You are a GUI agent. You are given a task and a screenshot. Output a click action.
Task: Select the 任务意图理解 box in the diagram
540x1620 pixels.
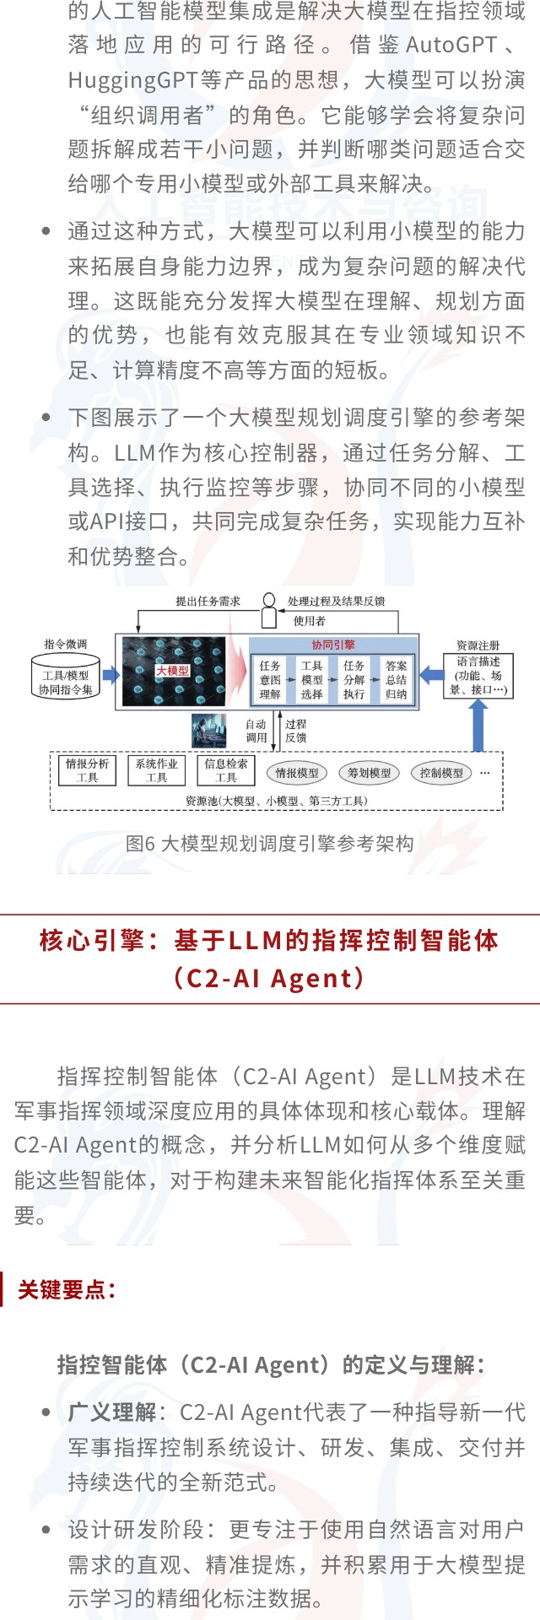pyautogui.click(x=270, y=679)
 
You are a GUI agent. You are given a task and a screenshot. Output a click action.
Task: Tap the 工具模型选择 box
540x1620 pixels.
pyautogui.click(x=311, y=679)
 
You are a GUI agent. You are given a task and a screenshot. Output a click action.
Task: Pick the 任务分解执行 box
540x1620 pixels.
pyautogui.click(x=354, y=679)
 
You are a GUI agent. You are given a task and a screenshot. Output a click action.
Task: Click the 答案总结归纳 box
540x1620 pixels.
pyautogui.click(x=396, y=679)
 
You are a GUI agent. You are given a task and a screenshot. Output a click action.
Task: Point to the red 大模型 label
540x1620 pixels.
pyautogui.click(x=172, y=671)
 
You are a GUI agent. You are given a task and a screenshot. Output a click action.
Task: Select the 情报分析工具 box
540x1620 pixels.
pyautogui.click(x=87, y=770)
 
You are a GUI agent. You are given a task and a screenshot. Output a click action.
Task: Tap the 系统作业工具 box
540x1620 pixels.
pyautogui.click(x=156, y=770)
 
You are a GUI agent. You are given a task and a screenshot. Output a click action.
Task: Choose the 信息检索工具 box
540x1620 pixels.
pyautogui.click(x=225, y=770)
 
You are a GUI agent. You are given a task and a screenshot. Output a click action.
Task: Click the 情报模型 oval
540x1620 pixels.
pyautogui.click(x=297, y=772)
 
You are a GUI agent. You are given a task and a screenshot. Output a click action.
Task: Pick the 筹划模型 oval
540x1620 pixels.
pyautogui.click(x=369, y=772)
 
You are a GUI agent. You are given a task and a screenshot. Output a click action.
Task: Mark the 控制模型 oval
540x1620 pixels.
pyautogui.click(x=441, y=772)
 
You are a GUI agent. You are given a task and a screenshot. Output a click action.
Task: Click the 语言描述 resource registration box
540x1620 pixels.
pyautogui.click(x=478, y=675)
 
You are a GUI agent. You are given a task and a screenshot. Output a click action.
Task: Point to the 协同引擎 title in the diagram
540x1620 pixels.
pyautogui.click(x=333, y=645)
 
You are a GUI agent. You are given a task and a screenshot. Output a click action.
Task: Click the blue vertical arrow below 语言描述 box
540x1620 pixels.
pyautogui.click(x=478, y=725)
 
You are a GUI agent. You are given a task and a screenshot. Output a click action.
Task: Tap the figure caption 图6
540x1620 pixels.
pyautogui.click(x=270, y=843)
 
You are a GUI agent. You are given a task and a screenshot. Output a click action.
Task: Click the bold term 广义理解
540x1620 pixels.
pyautogui.click(x=112, y=1412)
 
